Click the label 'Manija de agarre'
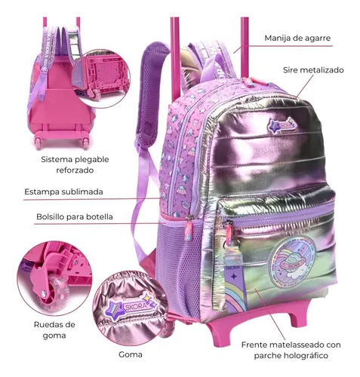(x=297, y=38)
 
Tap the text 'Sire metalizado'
(x=313, y=70)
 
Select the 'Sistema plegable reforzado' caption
(x=75, y=164)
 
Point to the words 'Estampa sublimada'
(x=63, y=192)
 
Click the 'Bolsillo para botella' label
(x=75, y=216)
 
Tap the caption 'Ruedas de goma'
(x=54, y=329)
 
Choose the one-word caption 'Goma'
(x=131, y=354)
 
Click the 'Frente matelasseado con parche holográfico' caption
(x=291, y=350)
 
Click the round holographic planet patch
(x=292, y=262)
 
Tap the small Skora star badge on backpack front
(x=282, y=125)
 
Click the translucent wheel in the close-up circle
(x=54, y=293)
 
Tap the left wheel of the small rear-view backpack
(x=38, y=143)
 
